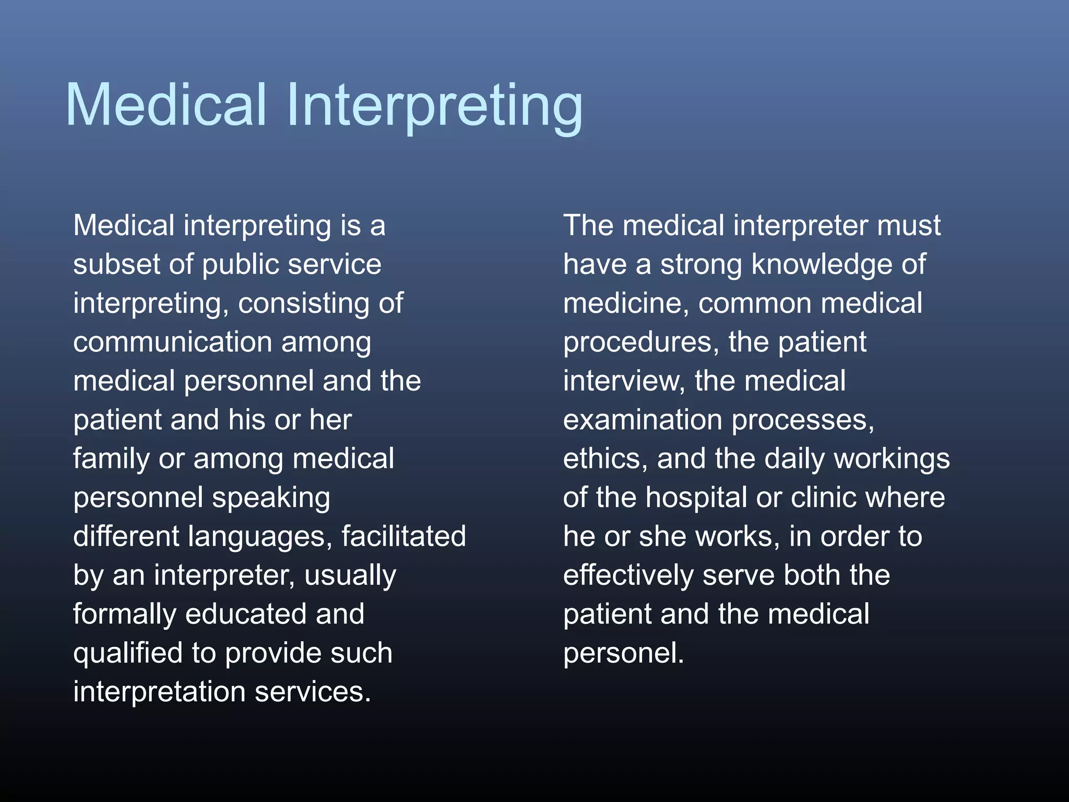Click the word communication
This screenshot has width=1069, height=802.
click(x=172, y=342)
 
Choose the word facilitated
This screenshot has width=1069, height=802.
click(x=403, y=536)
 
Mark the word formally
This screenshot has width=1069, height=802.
click(x=124, y=615)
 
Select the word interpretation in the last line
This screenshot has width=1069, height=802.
click(x=159, y=692)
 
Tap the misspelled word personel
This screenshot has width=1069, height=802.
click(x=623, y=654)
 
